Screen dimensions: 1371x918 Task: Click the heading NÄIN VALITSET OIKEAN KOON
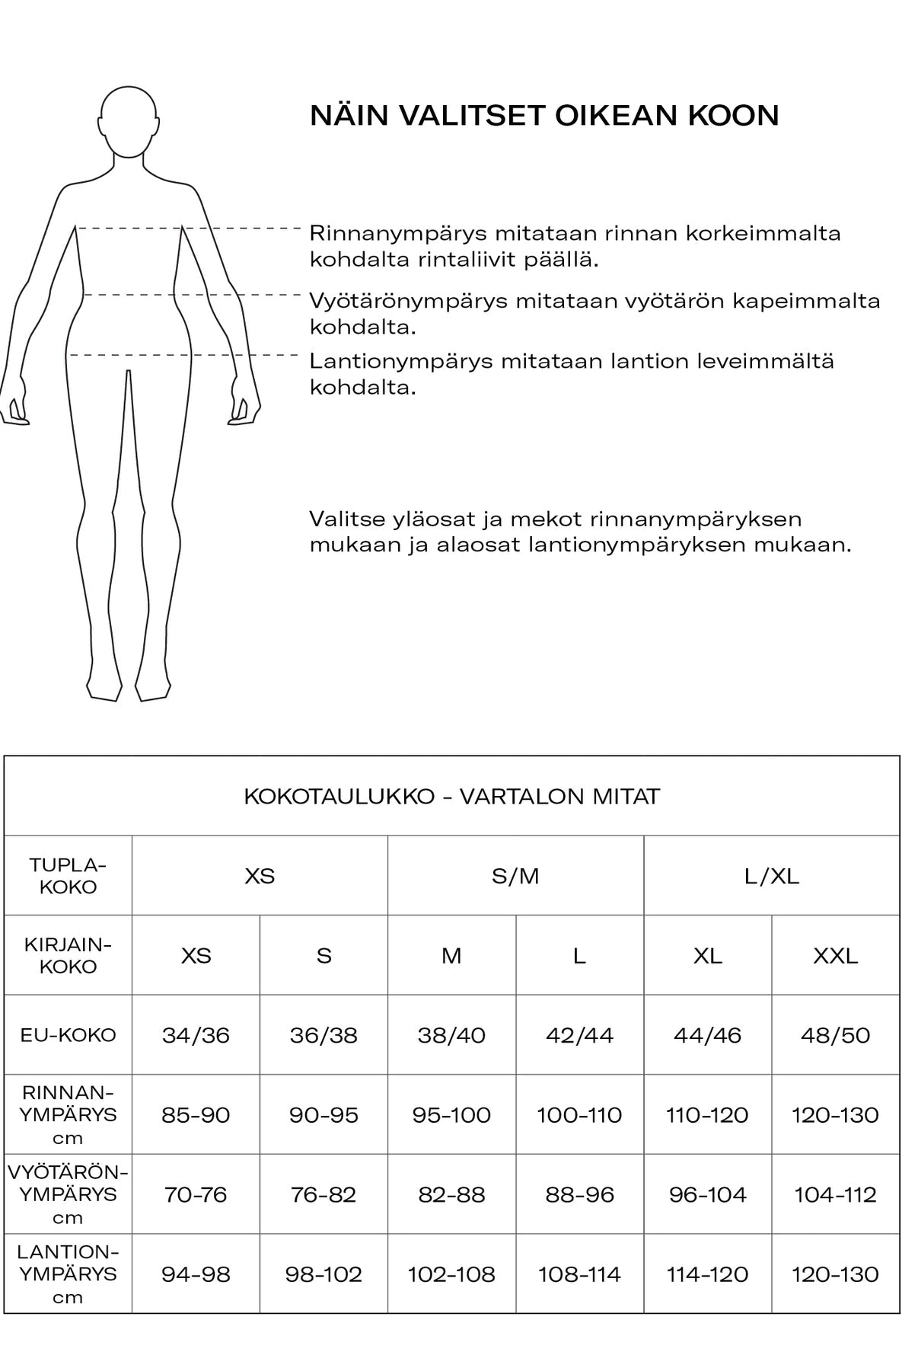(544, 116)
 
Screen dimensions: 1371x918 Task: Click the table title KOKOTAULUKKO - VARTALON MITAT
(451, 797)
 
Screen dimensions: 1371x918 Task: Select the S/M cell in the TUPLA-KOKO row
(515, 876)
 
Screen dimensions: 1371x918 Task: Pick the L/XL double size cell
(771, 876)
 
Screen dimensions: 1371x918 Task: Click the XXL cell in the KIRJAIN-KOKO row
(835, 955)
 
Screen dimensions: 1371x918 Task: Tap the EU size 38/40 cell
(451, 1035)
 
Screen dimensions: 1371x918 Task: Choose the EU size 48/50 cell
(835, 1035)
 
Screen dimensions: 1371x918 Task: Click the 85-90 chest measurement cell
(196, 1115)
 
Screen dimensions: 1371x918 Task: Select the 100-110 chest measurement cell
(579, 1115)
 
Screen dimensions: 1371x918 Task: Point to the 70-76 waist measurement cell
(196, 1194)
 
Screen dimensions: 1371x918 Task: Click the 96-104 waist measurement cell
(707, 1194)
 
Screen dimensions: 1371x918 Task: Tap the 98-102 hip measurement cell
(324, 1274)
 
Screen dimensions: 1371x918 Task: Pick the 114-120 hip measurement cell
(707, 1274)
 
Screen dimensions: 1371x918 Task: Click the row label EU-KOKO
(68, 1035)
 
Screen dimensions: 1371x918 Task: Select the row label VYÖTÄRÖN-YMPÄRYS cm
(68, 1194)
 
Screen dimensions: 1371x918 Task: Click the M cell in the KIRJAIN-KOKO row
(451, 955)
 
